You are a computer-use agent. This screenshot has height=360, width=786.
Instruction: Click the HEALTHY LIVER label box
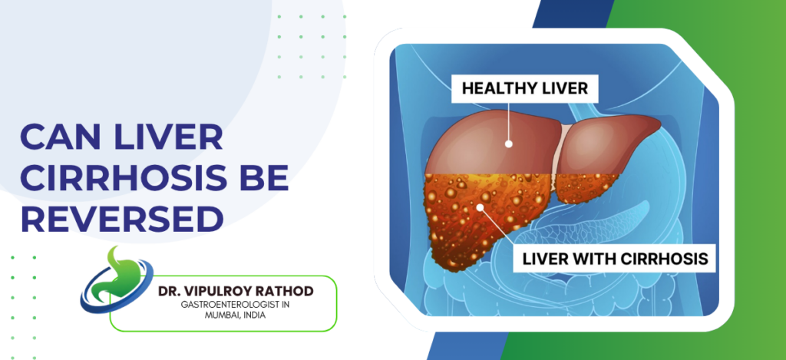[x=524, y=88]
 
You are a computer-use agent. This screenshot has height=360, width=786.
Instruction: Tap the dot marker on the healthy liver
[x=507, y=143]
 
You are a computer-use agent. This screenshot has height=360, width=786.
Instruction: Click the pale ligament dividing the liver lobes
[x=566, y=150]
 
